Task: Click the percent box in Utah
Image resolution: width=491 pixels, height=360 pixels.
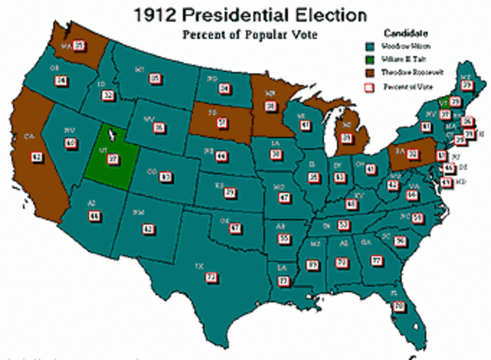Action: pyautogui.click(x=113, y=159)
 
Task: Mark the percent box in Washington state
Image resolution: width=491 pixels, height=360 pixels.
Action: pyautogui.click(x=78, y=45)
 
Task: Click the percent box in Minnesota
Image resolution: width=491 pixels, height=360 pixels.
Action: pyautogui.click(x=270, y=105)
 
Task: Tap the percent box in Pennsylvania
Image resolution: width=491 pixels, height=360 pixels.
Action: pyautogui.click(x=413, y=154)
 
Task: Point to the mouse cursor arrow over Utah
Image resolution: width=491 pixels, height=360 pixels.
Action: pyautogui.click(x=112, y=134)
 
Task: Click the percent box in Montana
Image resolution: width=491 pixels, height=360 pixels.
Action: pyautogui.click(x=155, y=78)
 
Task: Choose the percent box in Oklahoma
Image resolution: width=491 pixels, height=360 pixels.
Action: pyautogui.click(x=236, y=228)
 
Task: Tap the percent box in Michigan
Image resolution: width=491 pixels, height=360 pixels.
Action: pyautogui.click(x=347, y=138)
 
